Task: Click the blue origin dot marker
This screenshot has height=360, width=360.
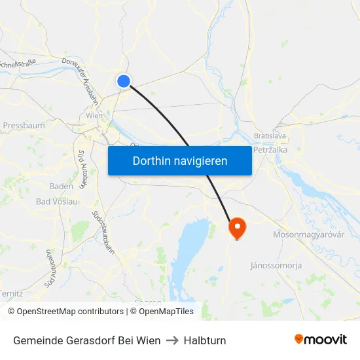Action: pos(124,81)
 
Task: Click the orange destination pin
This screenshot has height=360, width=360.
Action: pos(236,227)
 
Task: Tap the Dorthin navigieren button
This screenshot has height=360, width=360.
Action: pos(180,160)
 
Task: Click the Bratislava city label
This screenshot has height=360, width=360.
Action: pos(270,135)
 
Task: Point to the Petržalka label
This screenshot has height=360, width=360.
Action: pos(270,149)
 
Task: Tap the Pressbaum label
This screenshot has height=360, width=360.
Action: pos(24,125)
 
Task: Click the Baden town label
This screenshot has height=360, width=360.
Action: pos(61,186)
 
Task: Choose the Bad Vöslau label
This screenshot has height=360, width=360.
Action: pos(57,201)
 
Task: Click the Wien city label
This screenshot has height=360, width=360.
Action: pos(94,116)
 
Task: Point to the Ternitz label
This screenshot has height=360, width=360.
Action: pos(11,294)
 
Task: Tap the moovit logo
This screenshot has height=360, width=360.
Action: pos(321,339)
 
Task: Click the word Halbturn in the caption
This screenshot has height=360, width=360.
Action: pos(205,340)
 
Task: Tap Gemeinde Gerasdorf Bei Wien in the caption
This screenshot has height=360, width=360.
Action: pos(86,340)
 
